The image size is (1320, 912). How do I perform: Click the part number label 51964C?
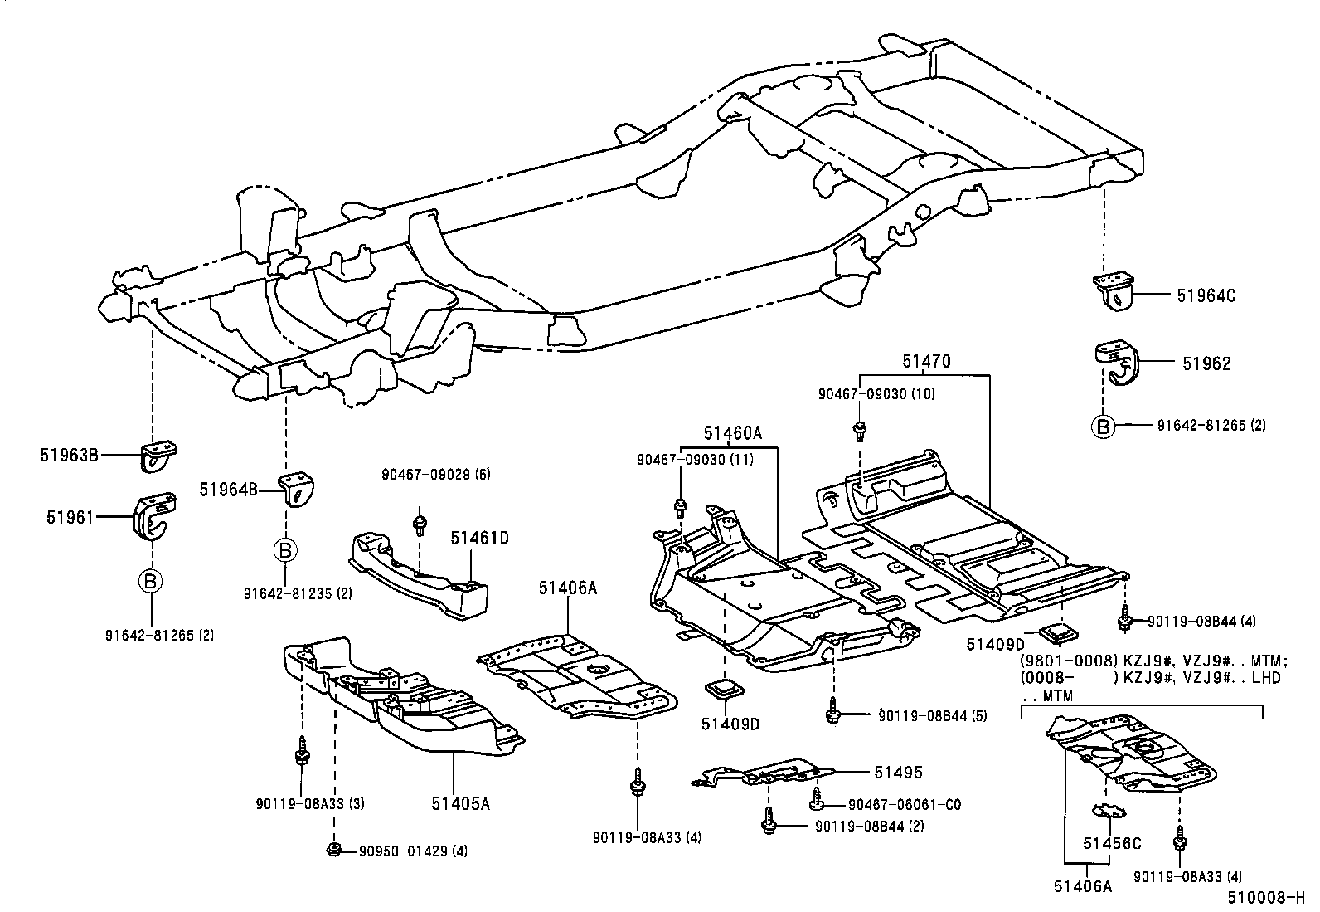pos(1205,295)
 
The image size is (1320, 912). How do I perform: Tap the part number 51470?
pos(926,362)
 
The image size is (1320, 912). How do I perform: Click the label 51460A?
pos(732,432)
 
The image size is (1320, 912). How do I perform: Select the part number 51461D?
pos(479,538)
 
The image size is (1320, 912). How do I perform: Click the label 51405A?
pos(460,802)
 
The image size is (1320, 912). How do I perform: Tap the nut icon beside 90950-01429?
pos(333,848)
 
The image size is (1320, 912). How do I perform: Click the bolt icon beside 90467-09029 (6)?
pos(420,523)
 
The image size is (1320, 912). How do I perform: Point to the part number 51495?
pos(898,772)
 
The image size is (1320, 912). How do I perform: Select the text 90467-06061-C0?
pos(904,804)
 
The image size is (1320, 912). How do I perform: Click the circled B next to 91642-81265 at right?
pos(1103,426)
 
